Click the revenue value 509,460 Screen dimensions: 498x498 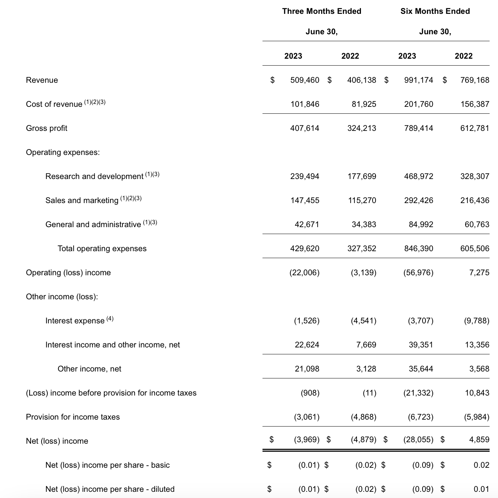[x=304, y=80]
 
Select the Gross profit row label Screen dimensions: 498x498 [x=47, y=128]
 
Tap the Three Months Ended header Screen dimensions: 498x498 [x=322, y=11]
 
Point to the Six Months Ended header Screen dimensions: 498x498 [x=435, y=11]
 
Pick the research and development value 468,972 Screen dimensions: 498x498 [x=419, y=176]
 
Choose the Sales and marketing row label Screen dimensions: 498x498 [x=82, y=201]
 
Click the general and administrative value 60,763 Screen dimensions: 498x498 [x=477, y=225]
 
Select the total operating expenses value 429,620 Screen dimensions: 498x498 [x=304, y=249]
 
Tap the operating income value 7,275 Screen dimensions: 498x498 [x=479, y=273]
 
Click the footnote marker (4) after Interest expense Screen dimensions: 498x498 [x=110, y=319]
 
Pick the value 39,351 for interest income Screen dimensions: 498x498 [x=421, y=345]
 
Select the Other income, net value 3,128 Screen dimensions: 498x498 [x=366, y=369]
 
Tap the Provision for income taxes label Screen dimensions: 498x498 [x=73, y=417]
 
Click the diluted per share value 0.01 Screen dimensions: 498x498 [x=481, y=489]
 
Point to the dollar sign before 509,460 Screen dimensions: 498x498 [x=272, y=80]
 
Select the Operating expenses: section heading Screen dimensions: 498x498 [x=63, y=152]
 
